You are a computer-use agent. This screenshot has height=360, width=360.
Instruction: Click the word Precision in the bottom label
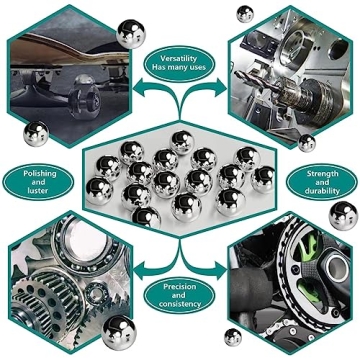(180, 288)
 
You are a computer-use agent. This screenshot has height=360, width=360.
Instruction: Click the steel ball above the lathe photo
(243, 13)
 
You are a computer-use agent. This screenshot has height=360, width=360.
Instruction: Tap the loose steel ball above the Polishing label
(35, 133)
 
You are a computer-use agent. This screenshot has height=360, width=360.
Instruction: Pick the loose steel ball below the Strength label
(341, 213)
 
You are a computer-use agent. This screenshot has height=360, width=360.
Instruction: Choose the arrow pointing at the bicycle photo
(228, 268)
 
